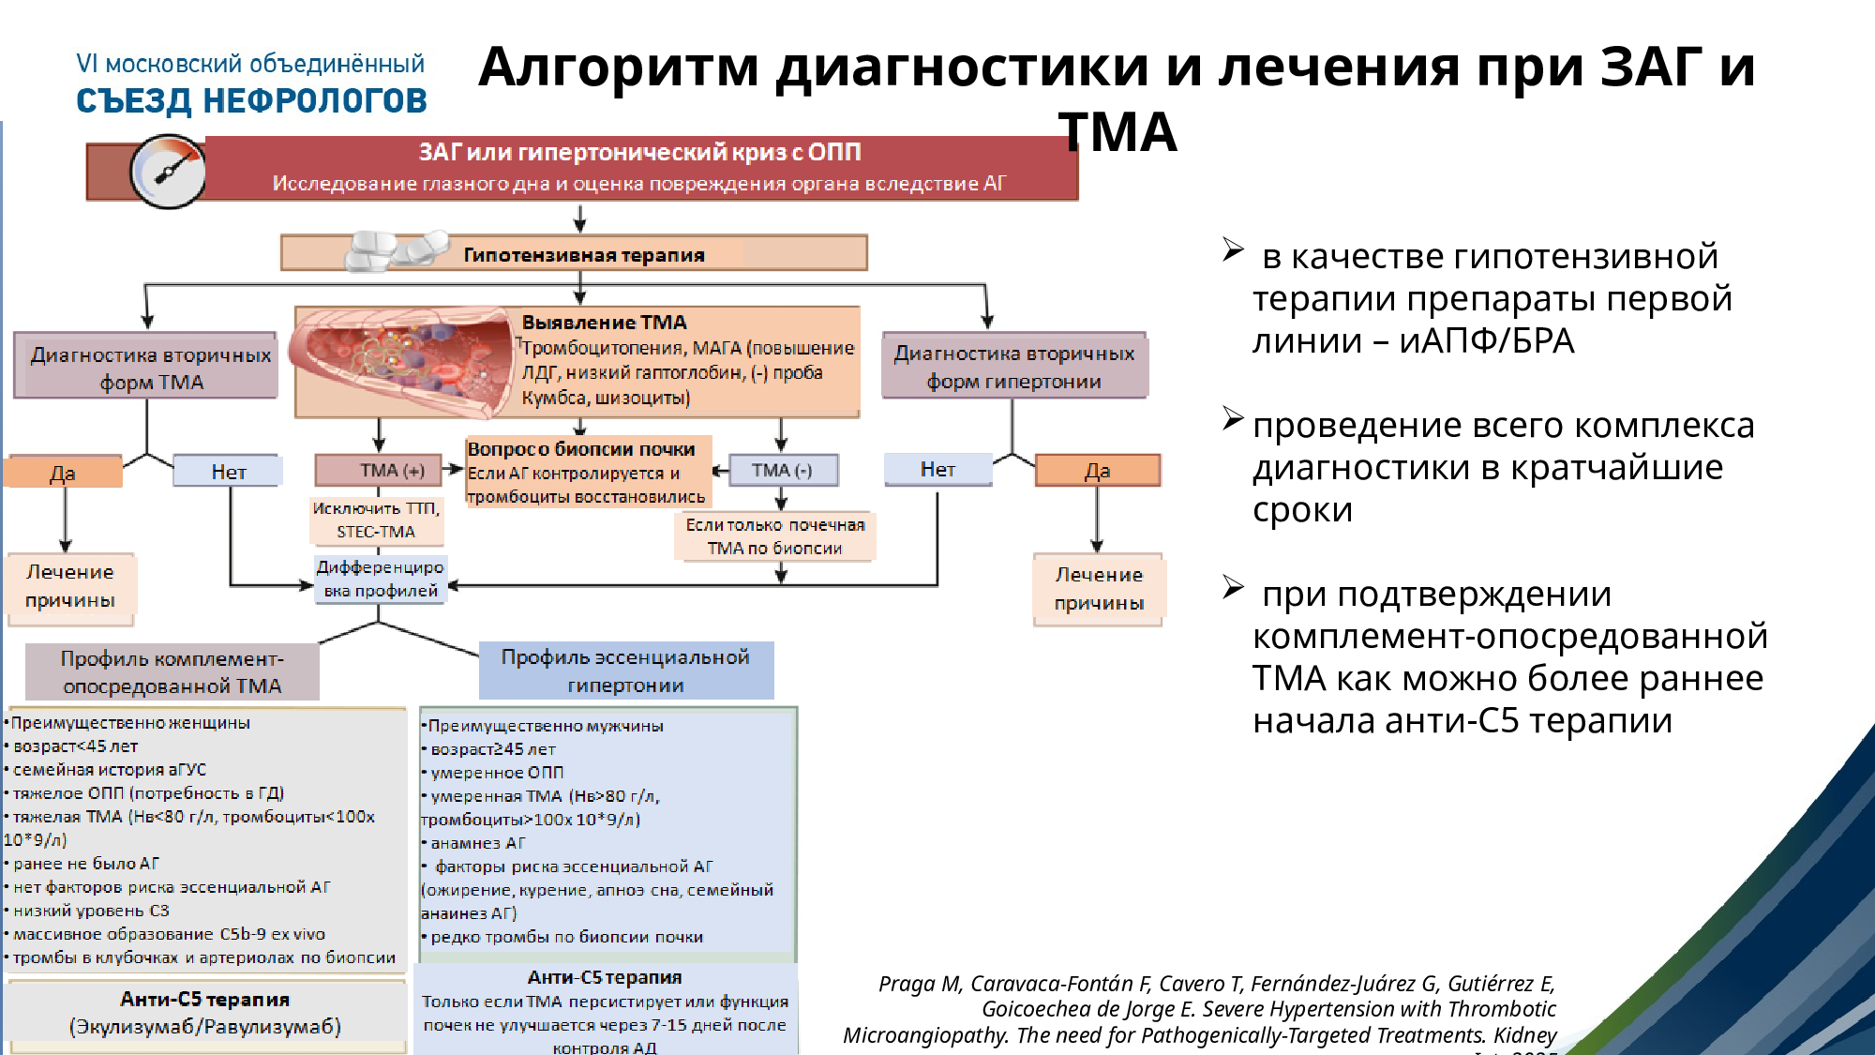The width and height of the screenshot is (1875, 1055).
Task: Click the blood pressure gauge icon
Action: (169, 172)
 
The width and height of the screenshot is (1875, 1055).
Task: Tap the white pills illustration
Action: (397, 250)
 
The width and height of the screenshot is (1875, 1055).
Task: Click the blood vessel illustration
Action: (403, 361)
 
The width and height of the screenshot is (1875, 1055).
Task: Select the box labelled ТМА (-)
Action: (782, 470)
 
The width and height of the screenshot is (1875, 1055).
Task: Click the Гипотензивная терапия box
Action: (583, 254)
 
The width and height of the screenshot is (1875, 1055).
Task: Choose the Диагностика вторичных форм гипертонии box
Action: (1013, 367)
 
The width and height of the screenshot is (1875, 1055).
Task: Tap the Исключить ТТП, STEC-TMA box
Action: (376, 520)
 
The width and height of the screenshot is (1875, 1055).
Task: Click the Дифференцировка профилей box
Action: (380, 579)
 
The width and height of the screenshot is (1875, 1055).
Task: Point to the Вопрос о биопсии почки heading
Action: (581, 449)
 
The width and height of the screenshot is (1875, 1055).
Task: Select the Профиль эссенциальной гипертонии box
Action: (625, 671)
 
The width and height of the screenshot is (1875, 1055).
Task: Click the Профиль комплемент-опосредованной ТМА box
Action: (172, 671)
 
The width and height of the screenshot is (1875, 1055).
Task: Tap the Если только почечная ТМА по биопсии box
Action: (774, 536)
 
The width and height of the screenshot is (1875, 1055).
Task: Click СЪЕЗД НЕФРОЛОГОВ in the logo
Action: (251, 101)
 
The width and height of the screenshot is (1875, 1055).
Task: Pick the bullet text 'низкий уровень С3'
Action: (91, 911)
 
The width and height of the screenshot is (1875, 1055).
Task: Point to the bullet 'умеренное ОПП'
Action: (497, 773)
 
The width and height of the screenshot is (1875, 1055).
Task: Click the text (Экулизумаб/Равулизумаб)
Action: (205, 1027)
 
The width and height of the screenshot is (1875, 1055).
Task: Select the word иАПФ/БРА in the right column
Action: (1486, 340)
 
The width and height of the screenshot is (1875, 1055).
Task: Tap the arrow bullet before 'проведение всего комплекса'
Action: (1233, 418)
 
